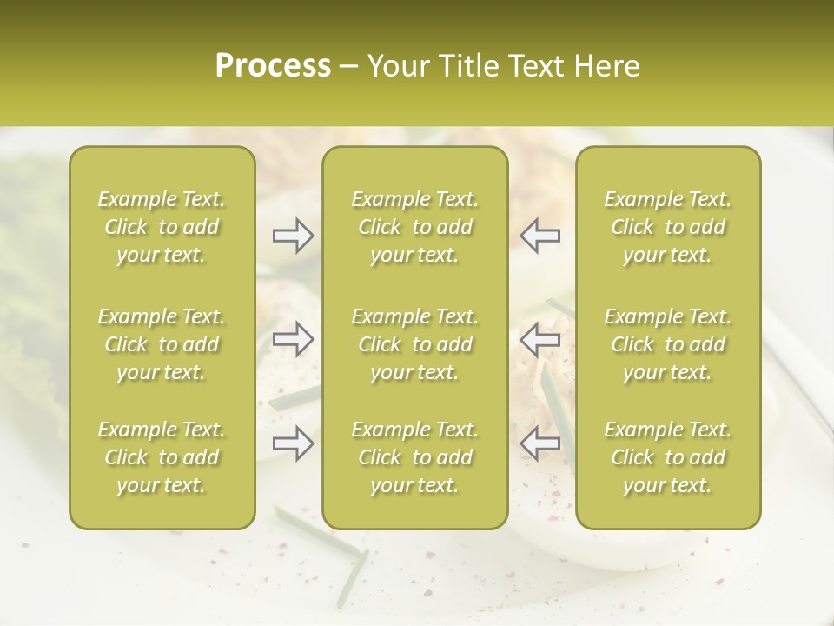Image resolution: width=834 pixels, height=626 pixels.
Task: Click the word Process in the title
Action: [273, 66]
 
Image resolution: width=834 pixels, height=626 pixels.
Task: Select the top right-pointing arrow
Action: [293, 236]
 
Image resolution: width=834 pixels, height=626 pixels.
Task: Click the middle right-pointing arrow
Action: [293, 339]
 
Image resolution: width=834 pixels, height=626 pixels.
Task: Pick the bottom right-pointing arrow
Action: [293, 444]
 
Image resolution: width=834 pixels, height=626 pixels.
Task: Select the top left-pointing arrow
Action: [539, 236]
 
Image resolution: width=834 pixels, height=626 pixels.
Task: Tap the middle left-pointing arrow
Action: [539, 339]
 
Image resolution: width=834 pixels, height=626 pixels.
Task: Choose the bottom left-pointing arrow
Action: [539, 444]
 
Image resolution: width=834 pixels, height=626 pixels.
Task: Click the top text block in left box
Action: [162, 227]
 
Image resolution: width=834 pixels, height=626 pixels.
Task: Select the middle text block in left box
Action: [162, 344]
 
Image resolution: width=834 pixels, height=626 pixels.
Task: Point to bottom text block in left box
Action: [162, 457]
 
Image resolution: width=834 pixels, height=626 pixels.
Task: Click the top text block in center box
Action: [414, 227]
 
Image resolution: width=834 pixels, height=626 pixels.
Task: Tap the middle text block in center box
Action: [414, 344]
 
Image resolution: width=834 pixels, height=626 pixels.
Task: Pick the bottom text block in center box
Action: [414, 457]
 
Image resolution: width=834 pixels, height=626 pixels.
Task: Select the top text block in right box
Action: [667, 227]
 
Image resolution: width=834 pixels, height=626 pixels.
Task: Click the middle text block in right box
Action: [667, 344]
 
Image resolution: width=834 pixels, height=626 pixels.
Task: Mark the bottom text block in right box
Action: [667, 457]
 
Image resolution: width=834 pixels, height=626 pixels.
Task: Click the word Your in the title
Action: [396, 66]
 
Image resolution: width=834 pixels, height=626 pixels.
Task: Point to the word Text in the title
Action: [535, 66]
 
